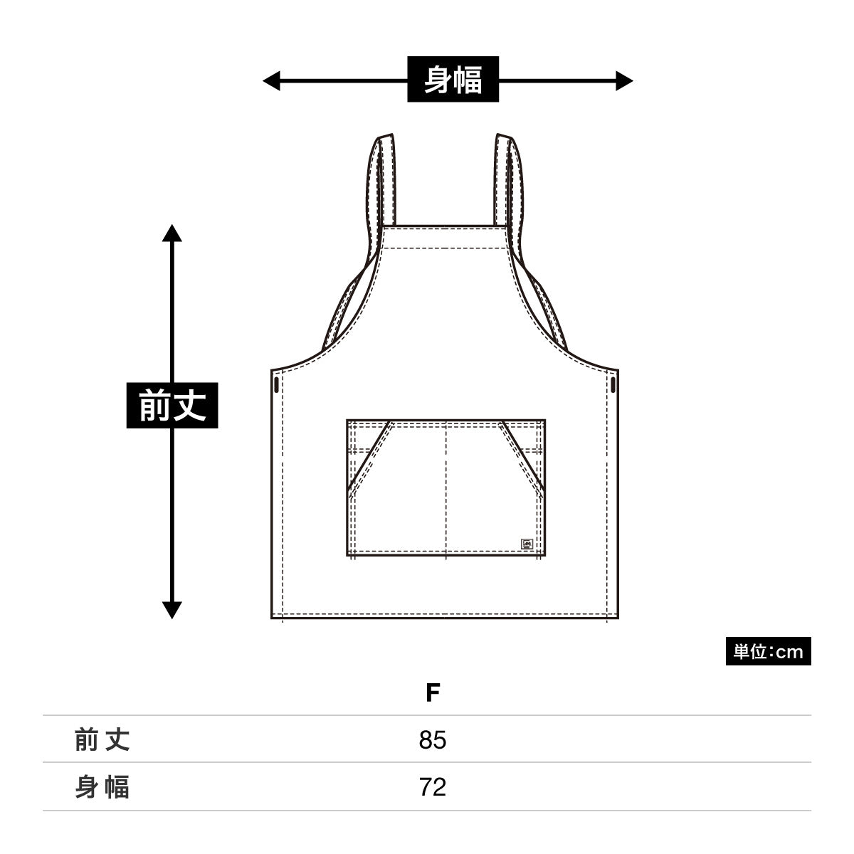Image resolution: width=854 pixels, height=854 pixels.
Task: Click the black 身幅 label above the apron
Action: [453, 79]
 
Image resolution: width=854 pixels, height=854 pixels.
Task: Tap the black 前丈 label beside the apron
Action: [172, 405]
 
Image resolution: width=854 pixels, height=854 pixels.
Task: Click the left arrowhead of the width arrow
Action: [271, 80]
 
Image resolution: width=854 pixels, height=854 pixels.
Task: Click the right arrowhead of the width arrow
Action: [624, 80]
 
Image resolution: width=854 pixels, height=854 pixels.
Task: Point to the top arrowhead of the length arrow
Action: [172, 233]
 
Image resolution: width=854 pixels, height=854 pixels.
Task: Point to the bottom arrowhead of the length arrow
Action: [172, 610]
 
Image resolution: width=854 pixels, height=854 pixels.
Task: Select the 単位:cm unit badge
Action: [768, 651]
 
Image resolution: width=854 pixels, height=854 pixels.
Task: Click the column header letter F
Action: [433, 692]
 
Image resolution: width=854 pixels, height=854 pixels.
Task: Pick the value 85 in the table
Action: [433, 739]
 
